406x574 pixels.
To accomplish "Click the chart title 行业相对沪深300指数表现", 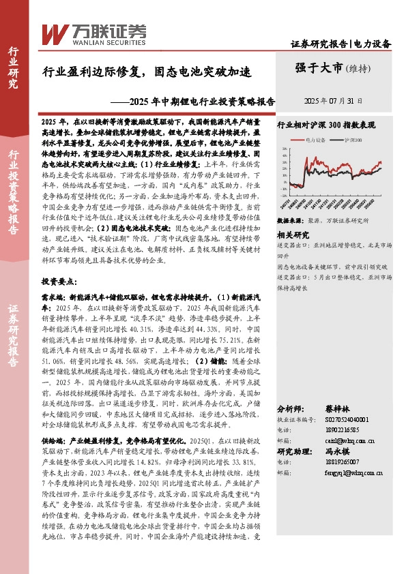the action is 326,125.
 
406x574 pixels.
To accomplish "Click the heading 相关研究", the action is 289,233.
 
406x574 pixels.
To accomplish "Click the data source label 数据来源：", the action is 289,221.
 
